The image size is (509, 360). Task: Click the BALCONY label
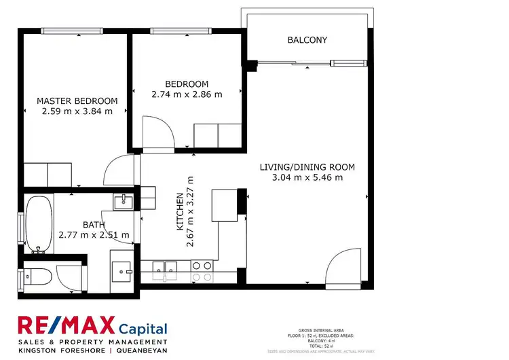coord(307,40)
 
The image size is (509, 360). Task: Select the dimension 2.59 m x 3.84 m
coord(77,111)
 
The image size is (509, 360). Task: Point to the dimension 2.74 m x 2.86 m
coord(187,94)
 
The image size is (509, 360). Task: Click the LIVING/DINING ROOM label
coord(307,167)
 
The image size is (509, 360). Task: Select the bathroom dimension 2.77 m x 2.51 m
coord(94,235)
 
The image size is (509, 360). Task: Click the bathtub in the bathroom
coord(39,224)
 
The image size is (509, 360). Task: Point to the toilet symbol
coord(39,276)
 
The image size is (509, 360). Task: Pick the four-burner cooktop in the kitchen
coord(201,272)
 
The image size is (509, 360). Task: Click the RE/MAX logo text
coord(66,326)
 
